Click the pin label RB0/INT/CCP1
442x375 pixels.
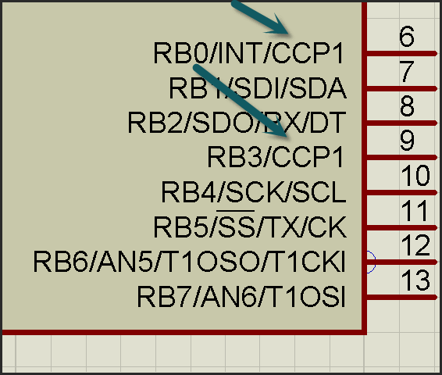click(248, 53)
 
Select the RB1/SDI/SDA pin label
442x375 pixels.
click(258, 88)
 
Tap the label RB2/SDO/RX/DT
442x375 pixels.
click(237, 123)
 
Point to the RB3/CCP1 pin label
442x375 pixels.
click(275, 157)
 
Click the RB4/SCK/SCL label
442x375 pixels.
click(254, 191)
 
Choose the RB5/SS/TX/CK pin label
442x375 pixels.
click(250, 227)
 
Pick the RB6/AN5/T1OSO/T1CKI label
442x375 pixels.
click(189, 262)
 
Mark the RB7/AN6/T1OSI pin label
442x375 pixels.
click(241, 297)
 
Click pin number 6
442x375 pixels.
click(407, 36)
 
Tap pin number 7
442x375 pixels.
click(407, 71)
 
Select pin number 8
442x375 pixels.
click(407, 105)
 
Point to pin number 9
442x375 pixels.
click(407, 141)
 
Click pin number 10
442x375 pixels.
click(415, 175)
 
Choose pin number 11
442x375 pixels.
click(415, 210)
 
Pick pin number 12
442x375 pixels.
click(415, 245)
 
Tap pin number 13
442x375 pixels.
click(415, 280)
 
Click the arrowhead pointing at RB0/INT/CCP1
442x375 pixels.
click(278, 26)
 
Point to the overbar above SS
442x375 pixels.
click(235, 211)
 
